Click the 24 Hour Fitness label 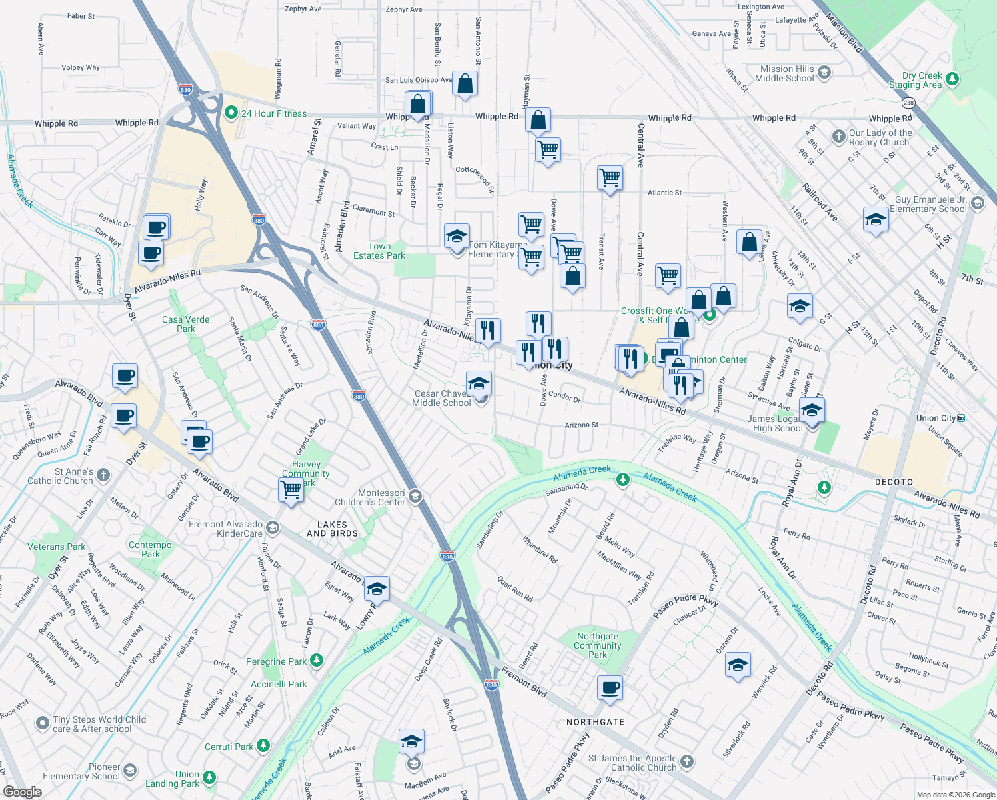(274, 113)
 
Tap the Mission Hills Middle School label (787, 73)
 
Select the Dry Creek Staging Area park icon (952, 79)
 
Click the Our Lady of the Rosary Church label (880, 137)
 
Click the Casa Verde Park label (186, 324)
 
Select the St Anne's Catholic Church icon (103, 475)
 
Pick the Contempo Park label (150, 549)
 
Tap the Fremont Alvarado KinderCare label (226, 529)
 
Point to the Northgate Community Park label (598, 645)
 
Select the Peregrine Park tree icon (317, 660)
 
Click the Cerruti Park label (229, 747)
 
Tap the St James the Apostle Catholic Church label (633, 763)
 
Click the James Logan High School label (777, 423)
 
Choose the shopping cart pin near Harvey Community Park (291, 490)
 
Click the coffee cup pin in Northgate (610, 687)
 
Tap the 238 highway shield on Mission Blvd (908, 103)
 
